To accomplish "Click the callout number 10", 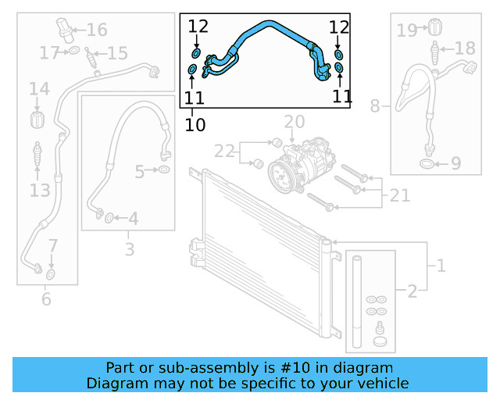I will click(195, 123).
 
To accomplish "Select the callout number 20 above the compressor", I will click(295, 122).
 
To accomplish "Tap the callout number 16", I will click(97, 30).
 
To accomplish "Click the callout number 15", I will click(117, 54).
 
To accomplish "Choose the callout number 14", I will click(39, 91).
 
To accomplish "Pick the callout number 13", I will click(40, 189).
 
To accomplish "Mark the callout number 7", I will click(52, 247).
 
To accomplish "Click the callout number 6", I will click(46, 298).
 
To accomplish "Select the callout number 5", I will click(139, 171).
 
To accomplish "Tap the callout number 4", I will click(134, 219).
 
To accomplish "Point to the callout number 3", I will click(130, 250).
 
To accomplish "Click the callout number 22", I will click(224, 150).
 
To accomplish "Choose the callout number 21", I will click(399, 195).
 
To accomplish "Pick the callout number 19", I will click(407, 30).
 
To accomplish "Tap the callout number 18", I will click(464, 48).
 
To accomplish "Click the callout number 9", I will click(455, 164).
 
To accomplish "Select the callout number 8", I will click(376, 105).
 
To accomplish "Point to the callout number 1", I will click(441, 266).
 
